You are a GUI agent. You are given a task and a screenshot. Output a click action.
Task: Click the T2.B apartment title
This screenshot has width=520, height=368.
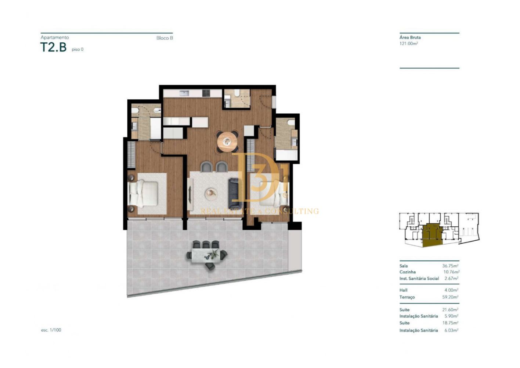pyautogui.click(x=53, y=47)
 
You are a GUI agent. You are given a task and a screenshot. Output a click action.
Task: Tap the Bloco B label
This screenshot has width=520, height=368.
pyautogui.click(x=165, y=38)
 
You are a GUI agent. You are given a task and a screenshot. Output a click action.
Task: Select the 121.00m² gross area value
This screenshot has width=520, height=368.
pyautogui.click(x=409, y=43)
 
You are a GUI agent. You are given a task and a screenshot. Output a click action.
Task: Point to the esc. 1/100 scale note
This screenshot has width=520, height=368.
pyautogui.click(x=51, y=330)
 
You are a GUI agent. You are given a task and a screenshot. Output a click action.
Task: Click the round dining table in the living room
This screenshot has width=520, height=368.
pyautogui.click(x=227, y=142)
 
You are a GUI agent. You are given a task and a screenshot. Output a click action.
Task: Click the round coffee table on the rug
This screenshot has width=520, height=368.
pyautogui.click(x=211, y=193)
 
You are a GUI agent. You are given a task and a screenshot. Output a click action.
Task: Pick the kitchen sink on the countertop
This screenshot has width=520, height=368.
pyautogui.click(x=184, y=93)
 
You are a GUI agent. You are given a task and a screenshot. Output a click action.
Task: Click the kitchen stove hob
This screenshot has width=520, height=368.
pyautogui.click(x=206, y=93)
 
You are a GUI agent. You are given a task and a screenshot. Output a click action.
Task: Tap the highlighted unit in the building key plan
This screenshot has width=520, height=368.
pyautogui.click(x=431, y=235)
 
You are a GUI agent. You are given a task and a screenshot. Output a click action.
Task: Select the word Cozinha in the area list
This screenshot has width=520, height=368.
pyautogui.click(x=407, y=272)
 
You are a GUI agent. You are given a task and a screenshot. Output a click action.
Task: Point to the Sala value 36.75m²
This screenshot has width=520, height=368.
pyautogui.click(x=450, y=266)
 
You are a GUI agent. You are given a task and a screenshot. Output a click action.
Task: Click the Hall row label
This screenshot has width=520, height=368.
pyautogui.click(x=403, y=290)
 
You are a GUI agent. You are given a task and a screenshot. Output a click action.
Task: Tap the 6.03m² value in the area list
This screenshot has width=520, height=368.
pyautogui.click(x=451, y=330)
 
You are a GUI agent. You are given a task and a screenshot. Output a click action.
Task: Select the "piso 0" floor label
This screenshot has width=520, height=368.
pyautogui.click(x=77, y=49)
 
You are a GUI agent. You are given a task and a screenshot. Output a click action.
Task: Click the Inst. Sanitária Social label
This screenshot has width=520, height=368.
pyautogui.click(x=419, y=279)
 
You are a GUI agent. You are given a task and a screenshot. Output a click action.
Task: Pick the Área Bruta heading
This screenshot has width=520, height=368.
pyautogui.click(x=410, y=38)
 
